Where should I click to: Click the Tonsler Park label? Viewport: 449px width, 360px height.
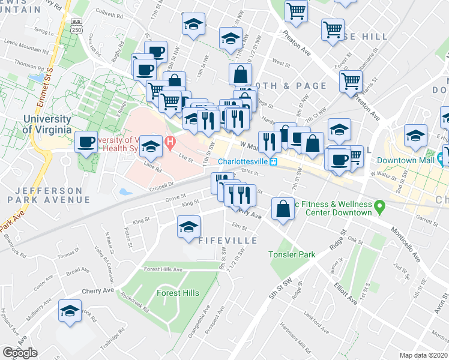click(x=292, y=254)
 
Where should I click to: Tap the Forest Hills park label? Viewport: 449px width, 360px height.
click(x=178, y=293)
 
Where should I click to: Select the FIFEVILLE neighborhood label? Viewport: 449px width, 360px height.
click(x=228, y=241)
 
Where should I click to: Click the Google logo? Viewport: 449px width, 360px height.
click(x=20, y=353)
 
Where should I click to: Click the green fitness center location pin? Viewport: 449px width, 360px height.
click(x=379, y=208)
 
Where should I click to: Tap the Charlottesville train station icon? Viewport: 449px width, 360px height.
click(x=273, y=162)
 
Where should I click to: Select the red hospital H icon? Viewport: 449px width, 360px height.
click(x=170, y=144)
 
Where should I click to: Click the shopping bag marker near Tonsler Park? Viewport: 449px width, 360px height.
click(x=283, y=209)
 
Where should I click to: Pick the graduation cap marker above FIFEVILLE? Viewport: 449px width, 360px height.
click(x=189, y=227)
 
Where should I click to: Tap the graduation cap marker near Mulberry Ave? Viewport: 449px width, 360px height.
click(x=70, y=312)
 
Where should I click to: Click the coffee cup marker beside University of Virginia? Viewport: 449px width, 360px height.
click(x=87, y=143)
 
